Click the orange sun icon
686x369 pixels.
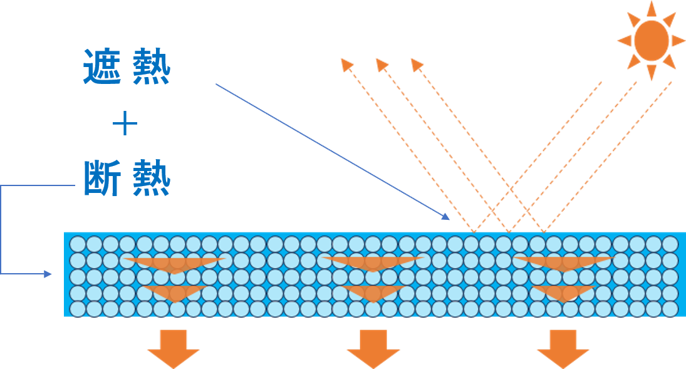(x=652, y=40)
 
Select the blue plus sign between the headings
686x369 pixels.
(x=125, y=125)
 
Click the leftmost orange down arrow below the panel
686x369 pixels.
(x=173, y=348)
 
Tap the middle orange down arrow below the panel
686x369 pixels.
(x=373, y=348)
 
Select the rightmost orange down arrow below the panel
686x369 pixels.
(x=563, y=348)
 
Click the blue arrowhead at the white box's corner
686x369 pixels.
(x=446, y=217)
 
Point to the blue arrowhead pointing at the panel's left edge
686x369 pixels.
(x=48, y=274)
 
